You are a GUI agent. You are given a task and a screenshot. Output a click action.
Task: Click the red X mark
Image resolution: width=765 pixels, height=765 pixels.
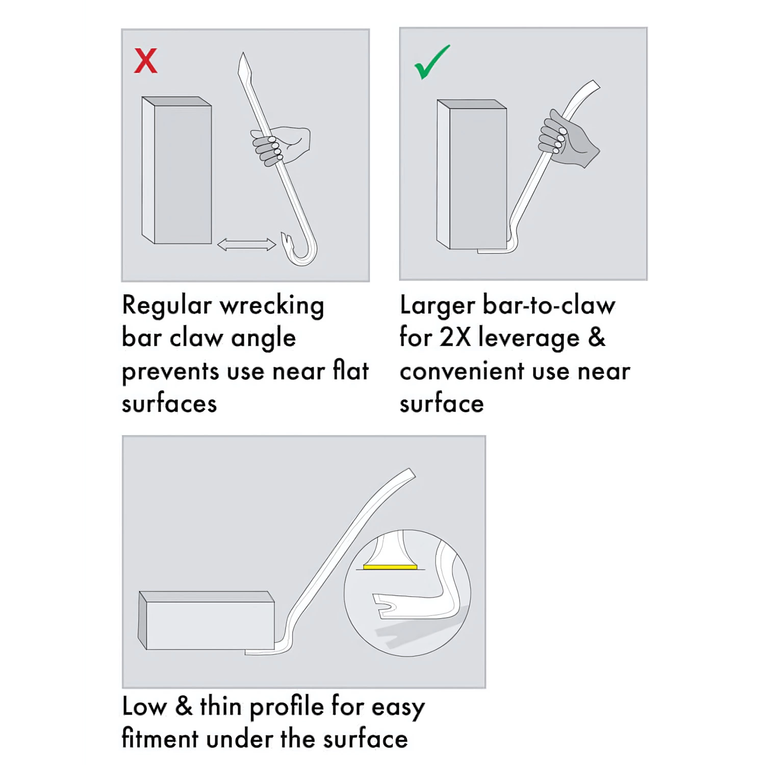(x=145, y=61)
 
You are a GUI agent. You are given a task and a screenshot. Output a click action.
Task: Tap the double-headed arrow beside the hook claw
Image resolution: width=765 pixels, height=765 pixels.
(x=246, y=245)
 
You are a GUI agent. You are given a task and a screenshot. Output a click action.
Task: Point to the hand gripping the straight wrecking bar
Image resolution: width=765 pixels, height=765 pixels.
(x=280, y=145)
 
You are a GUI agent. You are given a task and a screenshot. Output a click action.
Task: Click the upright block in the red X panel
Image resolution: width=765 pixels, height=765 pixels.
(x=176, y=170)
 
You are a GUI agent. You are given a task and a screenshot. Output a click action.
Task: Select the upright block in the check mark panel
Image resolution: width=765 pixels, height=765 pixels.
(x=471, y=174)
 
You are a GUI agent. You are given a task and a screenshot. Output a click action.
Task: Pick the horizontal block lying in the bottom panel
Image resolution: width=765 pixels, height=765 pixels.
(x=207, y=620)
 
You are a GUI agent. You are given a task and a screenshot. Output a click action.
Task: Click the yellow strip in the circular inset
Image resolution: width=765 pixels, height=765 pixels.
(x=390, y=566)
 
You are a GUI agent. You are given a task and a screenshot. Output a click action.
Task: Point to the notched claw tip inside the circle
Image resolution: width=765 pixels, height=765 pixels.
(x=385, y=605)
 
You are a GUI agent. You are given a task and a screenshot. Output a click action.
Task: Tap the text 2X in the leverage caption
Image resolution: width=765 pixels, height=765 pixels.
(x=455, y=338)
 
